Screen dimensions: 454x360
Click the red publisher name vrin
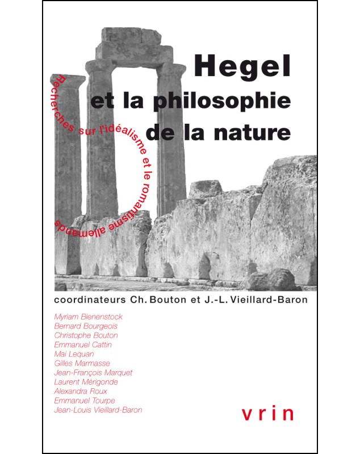coord(267,413)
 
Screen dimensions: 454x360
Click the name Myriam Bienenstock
coord(88,317)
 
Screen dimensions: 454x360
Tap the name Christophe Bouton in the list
coord(86,335)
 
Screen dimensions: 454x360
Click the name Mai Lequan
coord(74,354)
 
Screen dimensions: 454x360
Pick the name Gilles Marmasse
coord(81,363)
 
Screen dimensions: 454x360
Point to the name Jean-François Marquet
coord(93,373)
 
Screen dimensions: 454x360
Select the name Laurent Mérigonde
coord(86,382)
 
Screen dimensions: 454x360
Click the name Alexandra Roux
coord(80,391)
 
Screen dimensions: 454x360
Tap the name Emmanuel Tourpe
coord(85,400)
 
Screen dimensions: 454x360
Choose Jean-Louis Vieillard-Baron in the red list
coord(98,409)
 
